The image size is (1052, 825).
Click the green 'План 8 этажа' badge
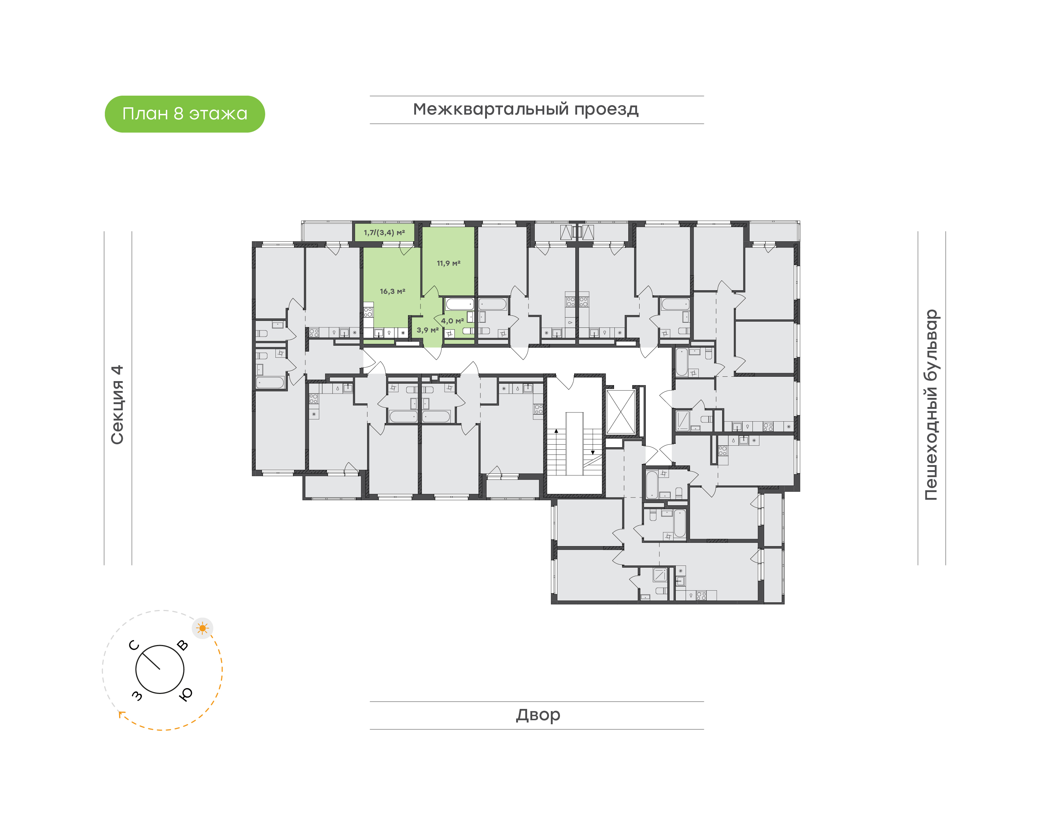tap(184, 114)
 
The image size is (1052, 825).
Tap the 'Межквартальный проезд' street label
tap(525, 109)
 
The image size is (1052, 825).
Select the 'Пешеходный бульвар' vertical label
tap(931, 405)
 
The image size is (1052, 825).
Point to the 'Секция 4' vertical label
tap(117, 405)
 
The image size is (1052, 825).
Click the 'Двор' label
tap(537, 714)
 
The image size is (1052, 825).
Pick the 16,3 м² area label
tap(392, 291)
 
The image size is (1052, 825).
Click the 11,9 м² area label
tap(448, 263)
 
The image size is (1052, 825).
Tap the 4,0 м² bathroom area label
tap(452, 321)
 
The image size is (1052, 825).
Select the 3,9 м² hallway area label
tap(427, 330)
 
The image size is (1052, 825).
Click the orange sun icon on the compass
tap(202, 628)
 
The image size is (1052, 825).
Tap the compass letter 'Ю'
tap(186, 694)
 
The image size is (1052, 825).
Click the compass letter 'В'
tap(182, 645)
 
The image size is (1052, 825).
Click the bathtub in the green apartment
tap(459, 304)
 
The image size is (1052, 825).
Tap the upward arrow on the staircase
tap(556, 430)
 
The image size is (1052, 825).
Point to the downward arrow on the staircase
tap(593, 452)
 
